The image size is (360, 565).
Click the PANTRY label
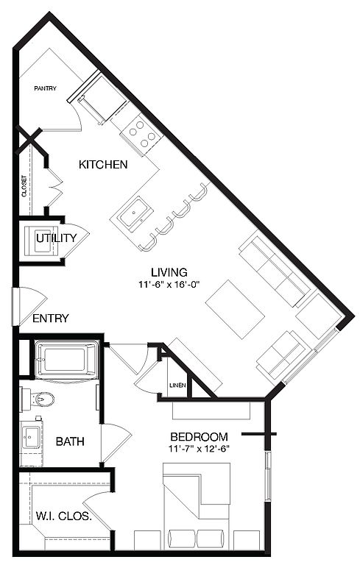click(x=45, y=88)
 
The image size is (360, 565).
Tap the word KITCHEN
click(x=103, y=165)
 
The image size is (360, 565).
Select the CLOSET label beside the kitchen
click(x=24, y=186)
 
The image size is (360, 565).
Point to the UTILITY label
click(x=56, y=238)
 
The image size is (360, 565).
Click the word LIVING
click(x=169, y=272)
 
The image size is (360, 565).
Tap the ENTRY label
click(x=51, y=318)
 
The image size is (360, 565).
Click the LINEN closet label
click(x=177, y=385)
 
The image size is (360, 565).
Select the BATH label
click(x=70, y=441)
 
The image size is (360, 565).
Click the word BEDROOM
click(x=199, y=437)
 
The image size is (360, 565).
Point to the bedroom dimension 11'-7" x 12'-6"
click(x=199, y=449)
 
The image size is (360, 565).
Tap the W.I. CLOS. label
click(x=63, y=516)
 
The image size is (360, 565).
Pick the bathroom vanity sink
click(x=30, y=437)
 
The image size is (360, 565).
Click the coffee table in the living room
click(x=235, y=309)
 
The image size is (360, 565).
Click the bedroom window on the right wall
click(x=268, y=475)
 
